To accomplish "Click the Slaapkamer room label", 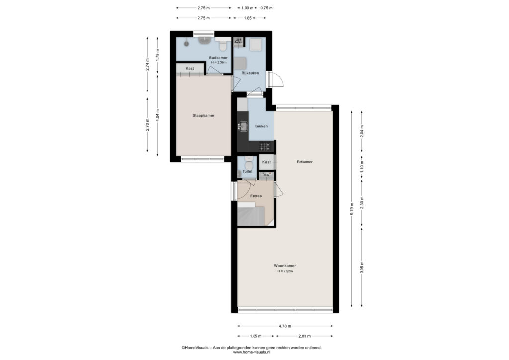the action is (203, 115).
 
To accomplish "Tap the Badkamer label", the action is (218, 58).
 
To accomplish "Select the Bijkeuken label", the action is (251, 73).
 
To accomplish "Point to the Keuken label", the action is (261, 126).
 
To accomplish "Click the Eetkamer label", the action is (305, 162).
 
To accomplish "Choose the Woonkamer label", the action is (285, 266).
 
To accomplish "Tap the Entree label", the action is (256, 196).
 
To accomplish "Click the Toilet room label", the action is (248, 172).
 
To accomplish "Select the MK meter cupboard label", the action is (267, 175).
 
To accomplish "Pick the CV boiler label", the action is (238, 42).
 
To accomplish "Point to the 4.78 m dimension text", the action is (285, 326).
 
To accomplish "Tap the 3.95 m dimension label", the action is (362, 267).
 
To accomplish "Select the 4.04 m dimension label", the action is (158, 115).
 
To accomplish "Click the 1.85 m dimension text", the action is (256, 336).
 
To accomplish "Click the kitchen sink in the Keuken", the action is (242, 126).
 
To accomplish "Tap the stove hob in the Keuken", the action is (265, 147).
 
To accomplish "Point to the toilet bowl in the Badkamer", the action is (223, 46).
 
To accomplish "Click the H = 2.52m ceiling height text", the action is (285, 271).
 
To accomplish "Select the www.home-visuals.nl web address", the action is (252, 352).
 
